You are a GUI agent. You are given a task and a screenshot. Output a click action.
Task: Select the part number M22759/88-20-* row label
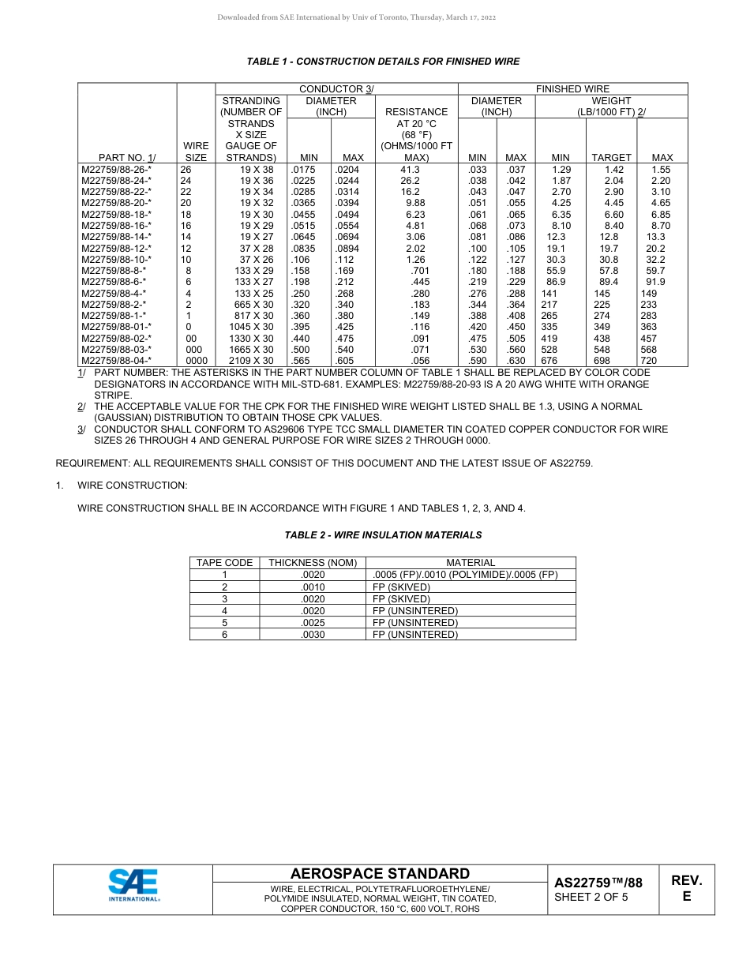pyautogui.click(x=116, y=203)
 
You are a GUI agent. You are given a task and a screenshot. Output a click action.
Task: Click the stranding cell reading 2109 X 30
pyautogui.click(x=251, y=361)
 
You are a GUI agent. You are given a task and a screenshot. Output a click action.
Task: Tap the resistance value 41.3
pyautogui.click(x=410, y=169)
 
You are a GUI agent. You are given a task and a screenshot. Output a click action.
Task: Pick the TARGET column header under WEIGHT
pyautogui.click(x=611, y=158)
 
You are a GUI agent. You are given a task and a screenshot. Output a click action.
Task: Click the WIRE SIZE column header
pyautogui.click(x=195, y=152)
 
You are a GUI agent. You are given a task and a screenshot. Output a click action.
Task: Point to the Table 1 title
pyautogui.click(x=383, y=62)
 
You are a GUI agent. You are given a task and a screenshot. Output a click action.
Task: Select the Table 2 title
pyautogui.click(x=383, y=535)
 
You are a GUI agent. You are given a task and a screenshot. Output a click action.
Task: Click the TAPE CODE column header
pyautogui.click(x=224, y=563)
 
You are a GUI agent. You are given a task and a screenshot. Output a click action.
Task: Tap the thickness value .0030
pyautogui.click(x=313, y=635)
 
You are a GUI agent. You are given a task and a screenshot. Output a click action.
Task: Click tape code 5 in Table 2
pyautogui.click(x=224, y=623)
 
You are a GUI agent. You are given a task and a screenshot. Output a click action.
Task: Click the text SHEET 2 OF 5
pyautogui.click(x=591, y=897)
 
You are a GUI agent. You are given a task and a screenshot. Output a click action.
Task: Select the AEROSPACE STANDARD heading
pyautogui.click(x=380, y=874)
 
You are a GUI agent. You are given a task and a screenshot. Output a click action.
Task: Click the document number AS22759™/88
pyautogui.click(x=598, y=883)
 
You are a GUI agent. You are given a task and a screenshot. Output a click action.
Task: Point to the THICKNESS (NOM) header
pyautogui.click(x=313, y=563)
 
